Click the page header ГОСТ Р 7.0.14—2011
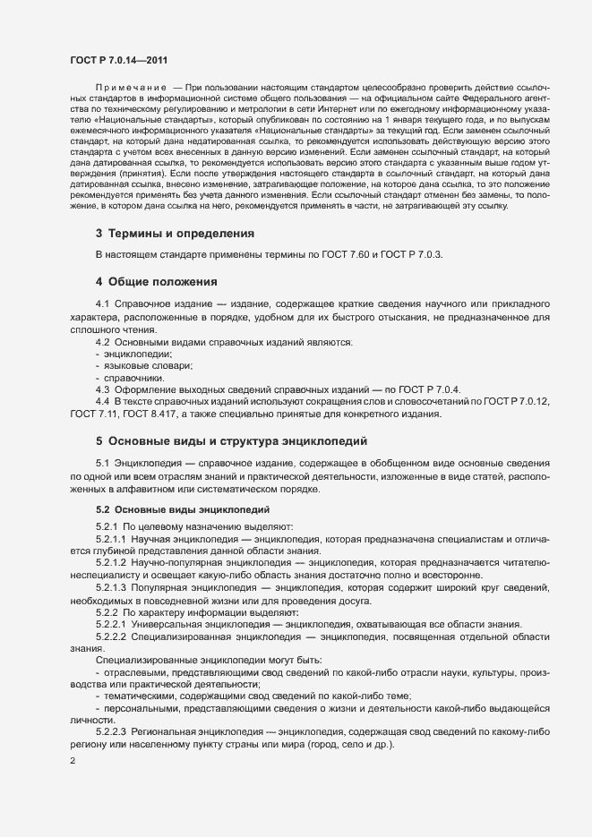[118, 59]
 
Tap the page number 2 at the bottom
[73, 762]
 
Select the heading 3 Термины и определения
[175, 234]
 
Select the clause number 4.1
[103, 304]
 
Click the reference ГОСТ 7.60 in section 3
[340, 254]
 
